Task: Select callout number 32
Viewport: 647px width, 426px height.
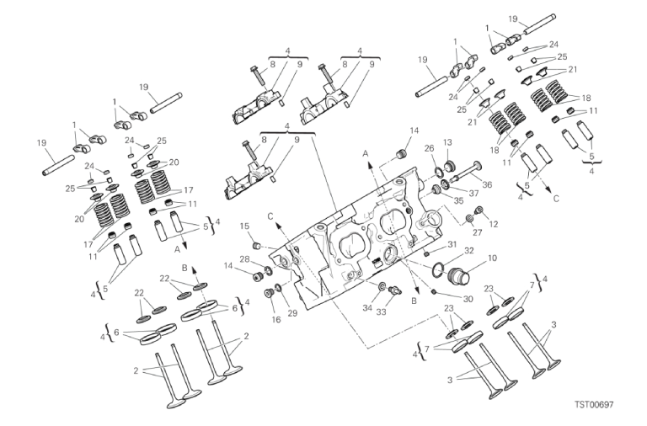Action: tap(468, 250)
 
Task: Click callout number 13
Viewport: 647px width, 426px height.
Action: tap(448, 143)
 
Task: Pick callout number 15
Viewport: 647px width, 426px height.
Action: tap(245, 225)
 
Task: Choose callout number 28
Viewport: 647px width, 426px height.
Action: tap(244, 258)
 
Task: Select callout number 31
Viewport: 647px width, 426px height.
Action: tap(452, 245)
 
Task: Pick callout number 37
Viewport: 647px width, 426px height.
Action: tap(477, 192)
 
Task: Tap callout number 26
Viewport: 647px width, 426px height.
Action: tap(429, 150)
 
